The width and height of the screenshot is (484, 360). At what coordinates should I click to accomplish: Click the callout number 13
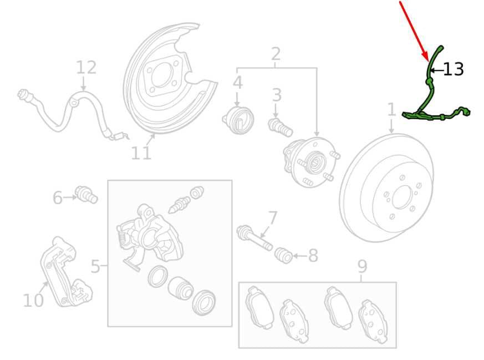[x=453, y=69]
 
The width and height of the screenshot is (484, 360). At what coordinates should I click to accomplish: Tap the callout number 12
[x=86, y=67]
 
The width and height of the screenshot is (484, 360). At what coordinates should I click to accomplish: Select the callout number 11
[x=141, y=153]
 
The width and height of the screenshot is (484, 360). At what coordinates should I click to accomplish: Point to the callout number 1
[x=391, y=110]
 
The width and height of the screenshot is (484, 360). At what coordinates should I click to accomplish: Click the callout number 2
[x=276, y=54]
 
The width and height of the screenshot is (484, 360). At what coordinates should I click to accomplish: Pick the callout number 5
[x=95, y=266]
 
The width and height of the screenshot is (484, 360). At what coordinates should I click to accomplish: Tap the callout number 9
[x=362, y=266]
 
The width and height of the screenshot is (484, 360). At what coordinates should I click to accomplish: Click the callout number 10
[x=33, y=300]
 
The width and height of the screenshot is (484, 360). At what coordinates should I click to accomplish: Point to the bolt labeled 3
[x=281, y=127]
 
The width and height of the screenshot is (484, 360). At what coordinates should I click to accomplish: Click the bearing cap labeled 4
[x=238, y=120]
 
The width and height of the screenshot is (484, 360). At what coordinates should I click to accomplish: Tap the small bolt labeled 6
[x=86, y=195]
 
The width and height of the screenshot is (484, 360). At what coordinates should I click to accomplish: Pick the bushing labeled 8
[x=284, y=255]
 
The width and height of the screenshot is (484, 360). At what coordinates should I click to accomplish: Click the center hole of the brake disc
[x=403, y=197]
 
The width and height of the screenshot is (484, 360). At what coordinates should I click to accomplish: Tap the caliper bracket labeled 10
[x=67, y=272]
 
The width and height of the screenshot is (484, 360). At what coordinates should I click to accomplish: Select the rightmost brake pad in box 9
[x=373, y=321]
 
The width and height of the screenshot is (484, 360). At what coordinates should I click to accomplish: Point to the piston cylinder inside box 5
[x=181, y=288]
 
